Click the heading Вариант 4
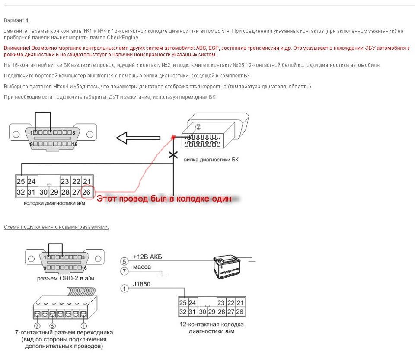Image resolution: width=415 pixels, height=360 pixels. click(16, 20)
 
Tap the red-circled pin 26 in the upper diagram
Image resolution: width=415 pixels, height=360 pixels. click(86, 192)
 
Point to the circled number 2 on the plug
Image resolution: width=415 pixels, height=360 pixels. click(198, 127)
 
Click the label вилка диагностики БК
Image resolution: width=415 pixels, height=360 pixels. click(211, 160)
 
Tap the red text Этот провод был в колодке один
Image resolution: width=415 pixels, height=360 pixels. click(164, 199)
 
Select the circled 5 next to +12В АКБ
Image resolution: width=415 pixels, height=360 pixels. click(124, 261)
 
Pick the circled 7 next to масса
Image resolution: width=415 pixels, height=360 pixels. click(124, 272)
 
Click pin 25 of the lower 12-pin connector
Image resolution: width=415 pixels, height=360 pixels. click(183, 303)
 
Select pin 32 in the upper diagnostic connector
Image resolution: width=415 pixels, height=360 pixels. click(20, 192)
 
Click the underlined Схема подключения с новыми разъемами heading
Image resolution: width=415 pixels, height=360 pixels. click(56, 227)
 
